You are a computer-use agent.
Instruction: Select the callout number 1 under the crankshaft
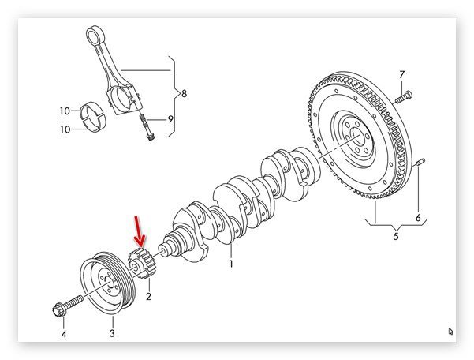click(231, 264)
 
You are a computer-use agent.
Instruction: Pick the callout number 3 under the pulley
click(112, 334)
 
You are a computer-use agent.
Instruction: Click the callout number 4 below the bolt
click(64, 334)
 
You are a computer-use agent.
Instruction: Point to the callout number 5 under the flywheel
click(396, 234)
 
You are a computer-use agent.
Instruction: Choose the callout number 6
click(419, 218)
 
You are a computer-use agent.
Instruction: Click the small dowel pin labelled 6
click(420, 164)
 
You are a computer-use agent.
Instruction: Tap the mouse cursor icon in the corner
click(450, 332)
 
